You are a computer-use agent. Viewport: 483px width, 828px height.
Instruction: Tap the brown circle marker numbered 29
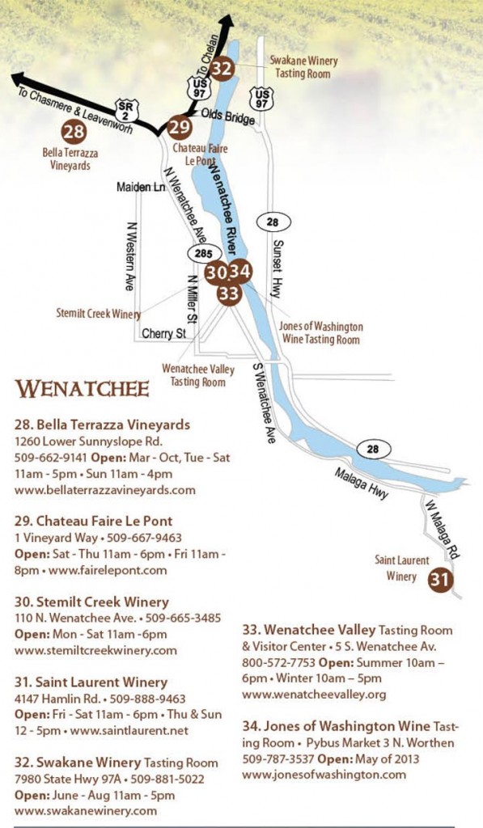[180, 127]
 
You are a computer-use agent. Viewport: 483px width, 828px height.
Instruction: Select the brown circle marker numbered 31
[439, 579]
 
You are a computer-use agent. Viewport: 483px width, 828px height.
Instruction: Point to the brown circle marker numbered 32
[222, 69]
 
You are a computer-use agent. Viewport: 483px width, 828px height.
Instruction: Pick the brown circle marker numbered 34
[241, 271]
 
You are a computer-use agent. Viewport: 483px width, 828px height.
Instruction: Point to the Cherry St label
[163, 333]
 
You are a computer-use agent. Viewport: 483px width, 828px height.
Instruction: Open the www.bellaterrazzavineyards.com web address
[105, 489]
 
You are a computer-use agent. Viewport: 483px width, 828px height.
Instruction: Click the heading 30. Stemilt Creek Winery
[91, 602]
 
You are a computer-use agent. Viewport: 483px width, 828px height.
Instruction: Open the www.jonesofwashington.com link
[324, 774]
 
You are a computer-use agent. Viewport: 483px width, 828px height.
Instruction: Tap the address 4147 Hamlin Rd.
[53, 698]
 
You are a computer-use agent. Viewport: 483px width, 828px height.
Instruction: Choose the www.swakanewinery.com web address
[86, 809]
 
